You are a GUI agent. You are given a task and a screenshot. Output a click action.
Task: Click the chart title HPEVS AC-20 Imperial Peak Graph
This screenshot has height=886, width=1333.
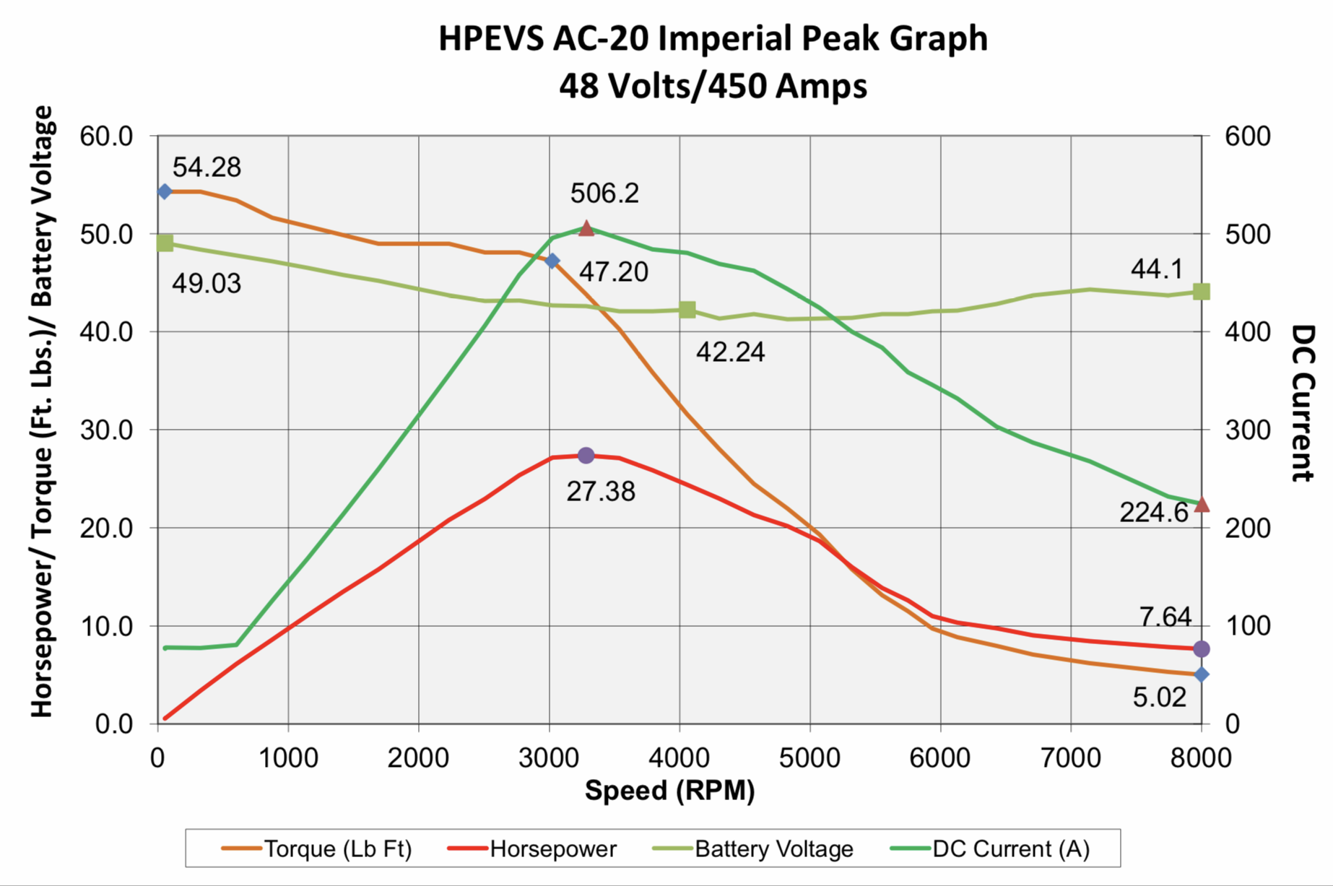click(713, 39)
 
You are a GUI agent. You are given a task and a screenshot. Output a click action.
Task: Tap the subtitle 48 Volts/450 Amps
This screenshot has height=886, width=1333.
click(713, 86)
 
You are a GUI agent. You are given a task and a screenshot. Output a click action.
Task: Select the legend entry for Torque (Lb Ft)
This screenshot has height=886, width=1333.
click(317, 848)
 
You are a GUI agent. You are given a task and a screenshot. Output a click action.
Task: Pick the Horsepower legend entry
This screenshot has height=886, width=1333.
click(532, 848)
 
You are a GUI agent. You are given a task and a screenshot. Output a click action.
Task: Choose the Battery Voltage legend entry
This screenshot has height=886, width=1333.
click(752, 848)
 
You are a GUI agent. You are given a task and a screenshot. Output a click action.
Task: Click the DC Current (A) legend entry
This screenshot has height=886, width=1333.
click(990, 848)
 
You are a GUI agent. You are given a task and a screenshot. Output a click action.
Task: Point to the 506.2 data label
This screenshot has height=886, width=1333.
click(604, 194)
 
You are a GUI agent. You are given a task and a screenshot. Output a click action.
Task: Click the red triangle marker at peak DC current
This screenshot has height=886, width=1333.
click(586, 228)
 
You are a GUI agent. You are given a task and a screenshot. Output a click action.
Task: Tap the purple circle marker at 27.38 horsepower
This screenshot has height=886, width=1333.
click(586, 456)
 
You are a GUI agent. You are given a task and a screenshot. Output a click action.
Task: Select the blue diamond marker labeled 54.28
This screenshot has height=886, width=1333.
click(165, 191)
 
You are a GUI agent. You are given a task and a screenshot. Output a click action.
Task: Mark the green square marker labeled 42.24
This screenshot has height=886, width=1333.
click(687, 310)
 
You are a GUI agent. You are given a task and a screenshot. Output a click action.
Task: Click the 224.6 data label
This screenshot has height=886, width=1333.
click(1153, 513)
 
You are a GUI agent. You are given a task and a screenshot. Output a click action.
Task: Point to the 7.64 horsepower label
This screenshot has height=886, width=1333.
click(1165, 617)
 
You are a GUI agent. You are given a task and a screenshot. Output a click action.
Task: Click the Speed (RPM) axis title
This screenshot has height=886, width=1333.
click(669, 791)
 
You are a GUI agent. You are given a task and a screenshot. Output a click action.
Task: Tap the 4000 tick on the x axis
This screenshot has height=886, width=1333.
click(679, 757)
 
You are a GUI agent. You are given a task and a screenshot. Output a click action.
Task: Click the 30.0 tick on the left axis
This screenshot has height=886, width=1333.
click(107, 430)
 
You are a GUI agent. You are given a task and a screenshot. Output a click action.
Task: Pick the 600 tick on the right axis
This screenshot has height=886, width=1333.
click(1248, 136)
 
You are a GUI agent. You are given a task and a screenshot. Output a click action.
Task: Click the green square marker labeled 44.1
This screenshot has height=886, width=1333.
click(1202, 292)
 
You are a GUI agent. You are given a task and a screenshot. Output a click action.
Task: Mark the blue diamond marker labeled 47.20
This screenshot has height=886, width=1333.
click(552, 261)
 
